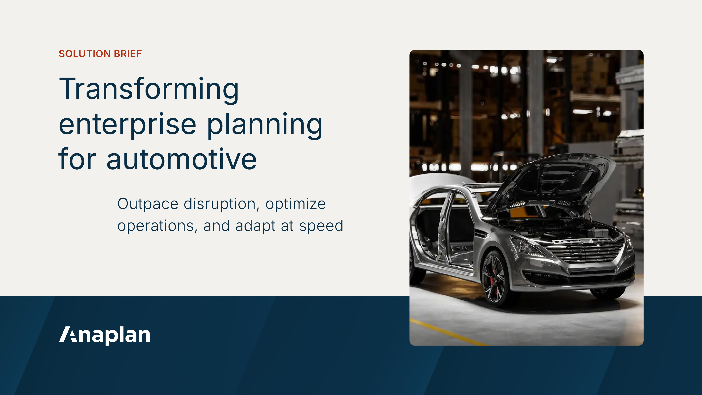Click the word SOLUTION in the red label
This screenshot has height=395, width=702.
(84, 54)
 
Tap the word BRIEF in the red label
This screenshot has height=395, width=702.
(128, 54)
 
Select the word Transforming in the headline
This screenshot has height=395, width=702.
(149, 89)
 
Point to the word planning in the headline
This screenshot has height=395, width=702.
(265, 125)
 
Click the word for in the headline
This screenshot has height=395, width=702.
(77, 159)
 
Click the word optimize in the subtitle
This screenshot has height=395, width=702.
(296, 204)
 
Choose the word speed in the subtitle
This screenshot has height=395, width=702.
(321, 226)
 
